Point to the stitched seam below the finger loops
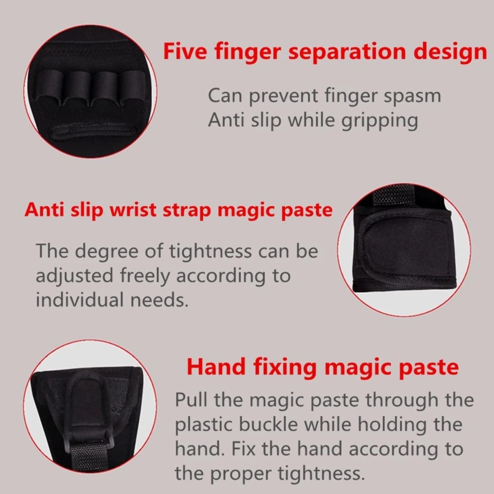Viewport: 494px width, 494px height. [93, 133]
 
